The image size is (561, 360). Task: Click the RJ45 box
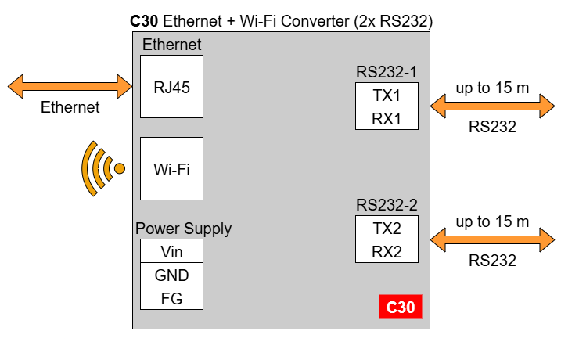(171, 87)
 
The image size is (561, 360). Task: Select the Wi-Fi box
(171, 168)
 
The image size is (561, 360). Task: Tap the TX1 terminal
(387, 95)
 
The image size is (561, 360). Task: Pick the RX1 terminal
(387, 118)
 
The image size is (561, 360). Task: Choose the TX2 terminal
(387, 228)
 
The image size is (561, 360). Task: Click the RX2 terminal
(387, 251)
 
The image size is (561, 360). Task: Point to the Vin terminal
(171, 251)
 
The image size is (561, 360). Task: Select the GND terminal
(171, 275)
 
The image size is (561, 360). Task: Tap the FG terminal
(171, 298)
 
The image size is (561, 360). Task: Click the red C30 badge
(401, 307)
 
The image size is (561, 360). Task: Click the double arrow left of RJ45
(70, 87)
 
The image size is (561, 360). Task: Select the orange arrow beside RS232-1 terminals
(492, 106)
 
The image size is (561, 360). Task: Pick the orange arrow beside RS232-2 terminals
(492, 239)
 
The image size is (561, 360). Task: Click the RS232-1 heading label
(387, 72)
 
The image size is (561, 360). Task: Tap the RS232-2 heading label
(387, 205)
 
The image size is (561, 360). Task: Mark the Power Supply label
(184, 229)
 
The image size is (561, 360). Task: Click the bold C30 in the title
(144, 21)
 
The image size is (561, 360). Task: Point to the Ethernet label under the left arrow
(70, 107)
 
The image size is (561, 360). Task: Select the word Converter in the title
(315, 21)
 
